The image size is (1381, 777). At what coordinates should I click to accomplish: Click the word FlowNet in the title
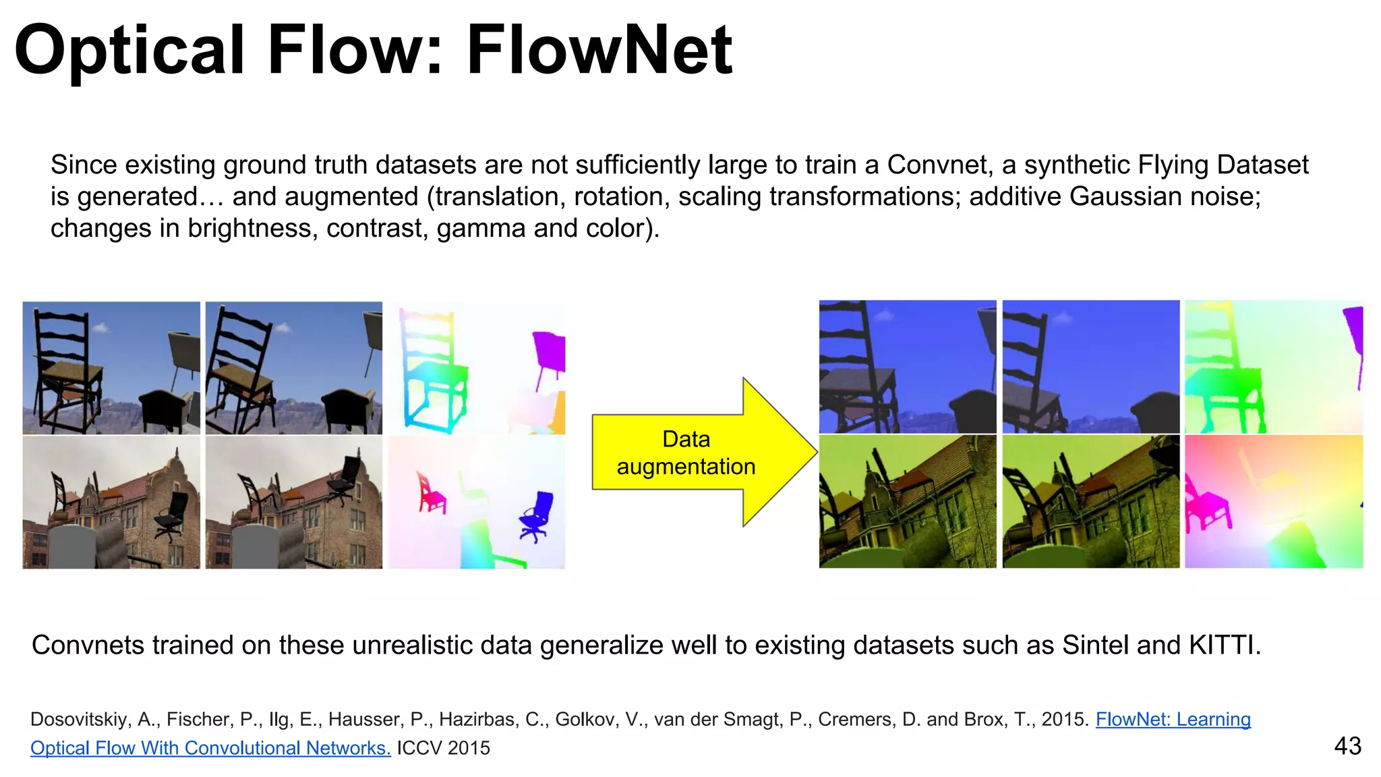coord(599,50)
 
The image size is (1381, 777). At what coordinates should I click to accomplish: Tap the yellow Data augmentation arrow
coord(695,452)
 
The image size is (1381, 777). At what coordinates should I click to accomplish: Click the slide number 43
coord(1347,746)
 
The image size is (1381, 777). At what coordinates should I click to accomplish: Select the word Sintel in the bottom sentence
coord(1096,645)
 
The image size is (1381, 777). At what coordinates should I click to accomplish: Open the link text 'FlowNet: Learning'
coord(1173,720)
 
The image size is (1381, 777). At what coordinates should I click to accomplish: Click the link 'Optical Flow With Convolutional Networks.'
coord(210,748)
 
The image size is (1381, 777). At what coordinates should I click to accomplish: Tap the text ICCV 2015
coord(443,748)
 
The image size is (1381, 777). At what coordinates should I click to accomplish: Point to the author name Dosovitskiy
coord(80,720)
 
